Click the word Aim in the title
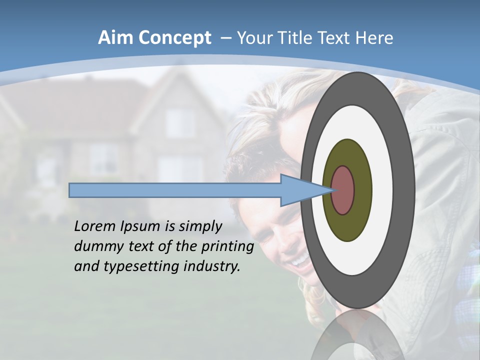[x=114, y=38]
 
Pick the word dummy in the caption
[x=96, y=246]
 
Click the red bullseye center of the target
[x=343, y=190]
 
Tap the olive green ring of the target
[x=361, y=190]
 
